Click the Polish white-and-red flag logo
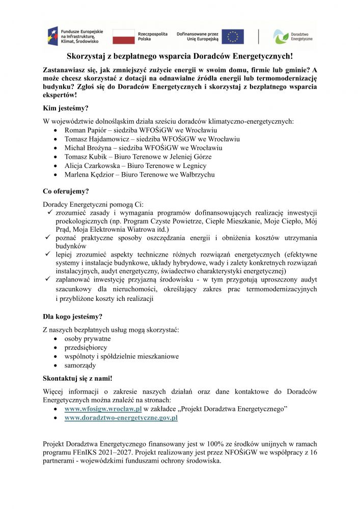[x=123, y=36]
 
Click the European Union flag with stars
[x=233, y=36]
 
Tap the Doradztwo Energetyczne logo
[x=290, y=36]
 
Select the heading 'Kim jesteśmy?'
[x=66, y=108]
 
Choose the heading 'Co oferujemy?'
[x=66, y=191]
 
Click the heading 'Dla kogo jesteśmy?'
[x=73, y=316]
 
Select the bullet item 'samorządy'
[x=80, y=365]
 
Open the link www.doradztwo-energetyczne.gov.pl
[x=121, y=418]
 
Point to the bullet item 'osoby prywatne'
[x=87, y=338]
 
